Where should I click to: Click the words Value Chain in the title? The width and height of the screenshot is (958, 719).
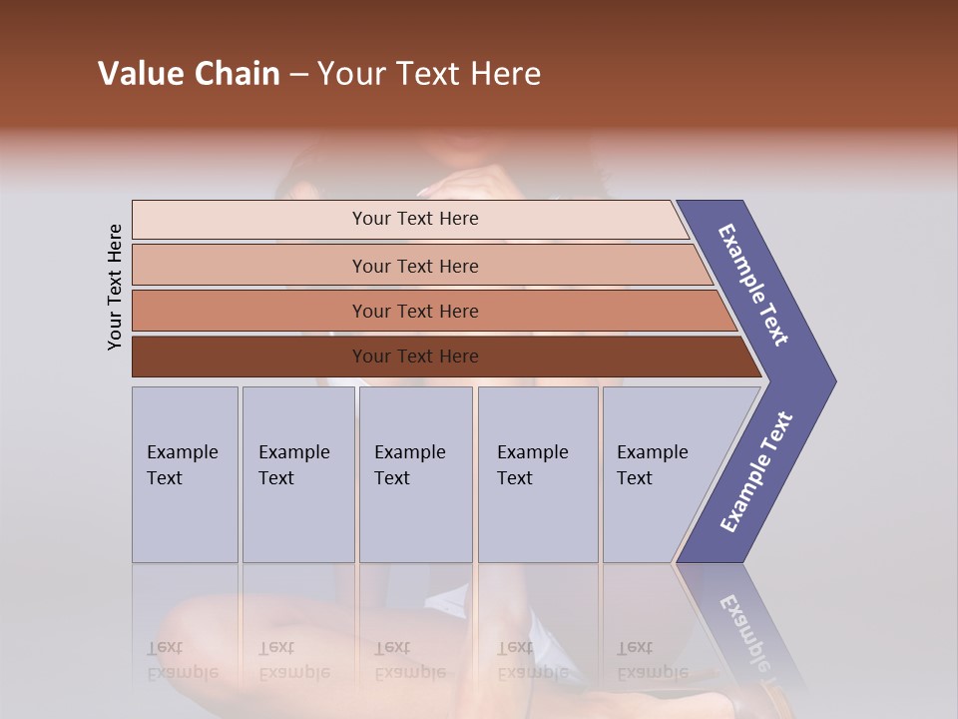[189, 74]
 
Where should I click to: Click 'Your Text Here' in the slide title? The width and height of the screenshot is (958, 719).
[429, 74]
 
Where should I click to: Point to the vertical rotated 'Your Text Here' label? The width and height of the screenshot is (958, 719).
[115, 287]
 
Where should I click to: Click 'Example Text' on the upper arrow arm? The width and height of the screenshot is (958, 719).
[753, 285]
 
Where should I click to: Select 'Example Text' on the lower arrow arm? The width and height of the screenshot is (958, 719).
[755, 471]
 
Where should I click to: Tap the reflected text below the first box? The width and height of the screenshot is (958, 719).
[182, 660]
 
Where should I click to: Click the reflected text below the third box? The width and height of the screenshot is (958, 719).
[409, 660]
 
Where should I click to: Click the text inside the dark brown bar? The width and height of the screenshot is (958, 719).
[415, 357]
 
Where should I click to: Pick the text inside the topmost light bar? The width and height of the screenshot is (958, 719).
[415, 219]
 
